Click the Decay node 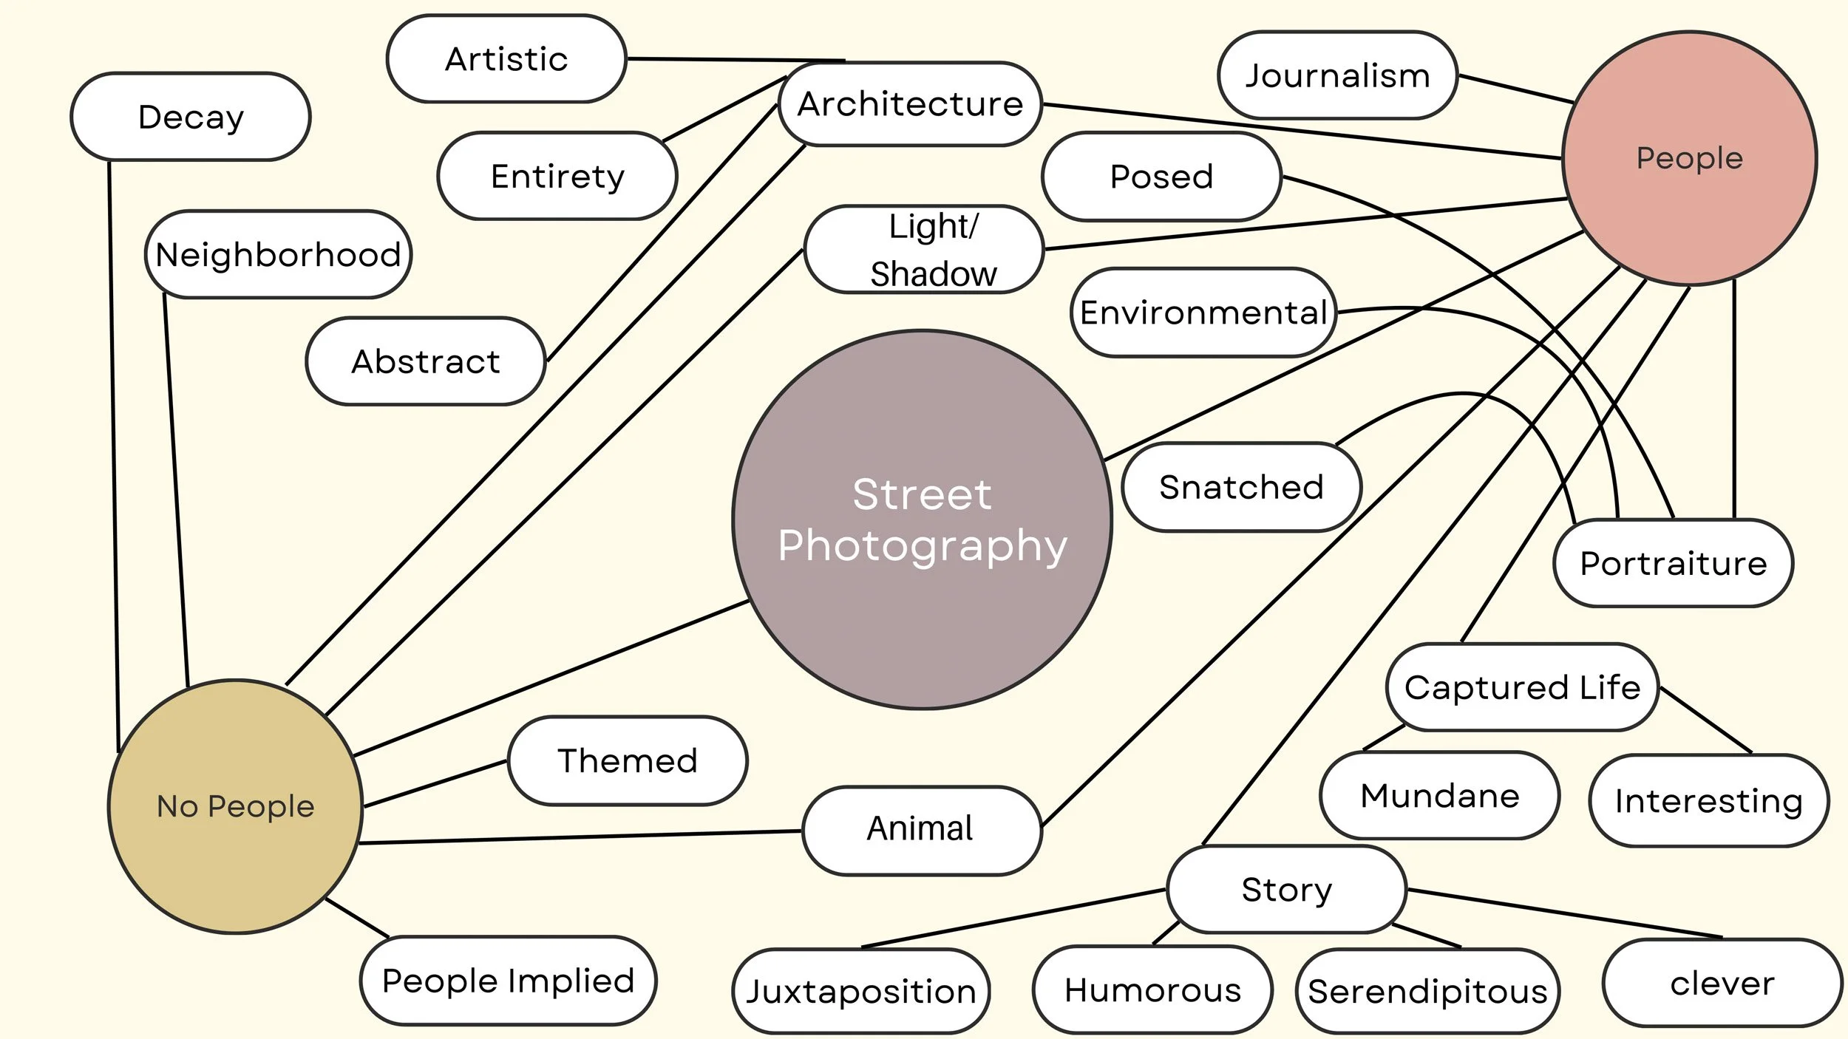pos(191,117)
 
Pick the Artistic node pos(506,59)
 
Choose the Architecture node pos(910,104)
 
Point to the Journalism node pos(1337,75)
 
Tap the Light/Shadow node pos(924,250)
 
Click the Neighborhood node pos(278,255)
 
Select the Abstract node pos(426,361)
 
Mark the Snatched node pos(1241,487)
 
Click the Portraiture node pos(1673,563)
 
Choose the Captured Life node pos(1522,687)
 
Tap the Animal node pos(921,828)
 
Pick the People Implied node pos(508,981)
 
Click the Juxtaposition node pos(860,991)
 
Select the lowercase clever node pos(1722,984)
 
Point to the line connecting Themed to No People pos(436,783)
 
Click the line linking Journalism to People pos(1515,89)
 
